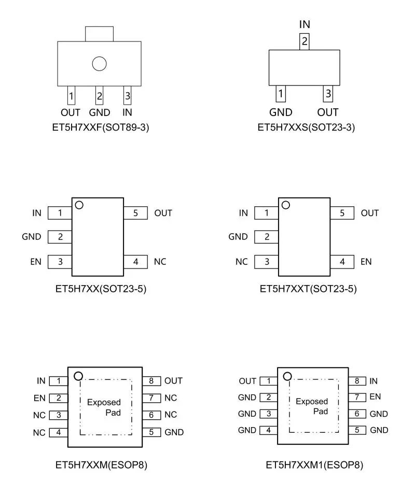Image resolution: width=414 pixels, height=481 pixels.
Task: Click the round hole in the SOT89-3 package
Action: click(99, 64)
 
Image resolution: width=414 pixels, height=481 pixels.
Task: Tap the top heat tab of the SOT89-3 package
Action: click(99, 34)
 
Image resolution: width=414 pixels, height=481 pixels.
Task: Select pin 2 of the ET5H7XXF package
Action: click(99, 96)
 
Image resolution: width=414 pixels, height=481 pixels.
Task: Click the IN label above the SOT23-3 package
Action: click(305, 24)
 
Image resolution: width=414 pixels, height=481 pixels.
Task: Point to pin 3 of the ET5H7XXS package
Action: click(327, 94)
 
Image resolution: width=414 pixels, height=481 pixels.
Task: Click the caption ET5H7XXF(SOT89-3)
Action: click(102, 128)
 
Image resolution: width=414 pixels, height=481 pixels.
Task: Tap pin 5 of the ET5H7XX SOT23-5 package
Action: click(135, 213)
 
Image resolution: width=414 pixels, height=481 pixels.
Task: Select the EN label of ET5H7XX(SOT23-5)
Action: click(36, 262)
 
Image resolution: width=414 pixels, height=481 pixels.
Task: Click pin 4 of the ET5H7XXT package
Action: click(342, 262)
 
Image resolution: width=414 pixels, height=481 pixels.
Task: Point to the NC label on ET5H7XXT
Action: click(242, 262)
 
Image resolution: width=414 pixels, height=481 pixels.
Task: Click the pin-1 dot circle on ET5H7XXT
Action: click(285, 205)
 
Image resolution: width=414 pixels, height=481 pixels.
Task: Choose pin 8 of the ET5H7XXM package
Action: click(151, 381)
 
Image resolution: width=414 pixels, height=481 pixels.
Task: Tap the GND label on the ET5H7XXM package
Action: click(174, 432)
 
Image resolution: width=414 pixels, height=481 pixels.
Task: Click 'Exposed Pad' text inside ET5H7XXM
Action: click(104, 407)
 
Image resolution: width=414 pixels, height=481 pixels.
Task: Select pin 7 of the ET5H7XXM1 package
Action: click(357, 398)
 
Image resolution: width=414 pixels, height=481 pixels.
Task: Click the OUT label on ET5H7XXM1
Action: click(247, 381)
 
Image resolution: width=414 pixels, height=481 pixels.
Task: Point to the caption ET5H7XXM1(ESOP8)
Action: click(314, 465)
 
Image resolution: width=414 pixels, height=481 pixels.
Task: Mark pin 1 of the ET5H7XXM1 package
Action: click(268, 381)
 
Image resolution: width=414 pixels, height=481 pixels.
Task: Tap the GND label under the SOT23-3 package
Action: click(281, 112)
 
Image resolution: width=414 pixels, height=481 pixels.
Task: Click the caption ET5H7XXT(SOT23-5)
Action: click(308, 289)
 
